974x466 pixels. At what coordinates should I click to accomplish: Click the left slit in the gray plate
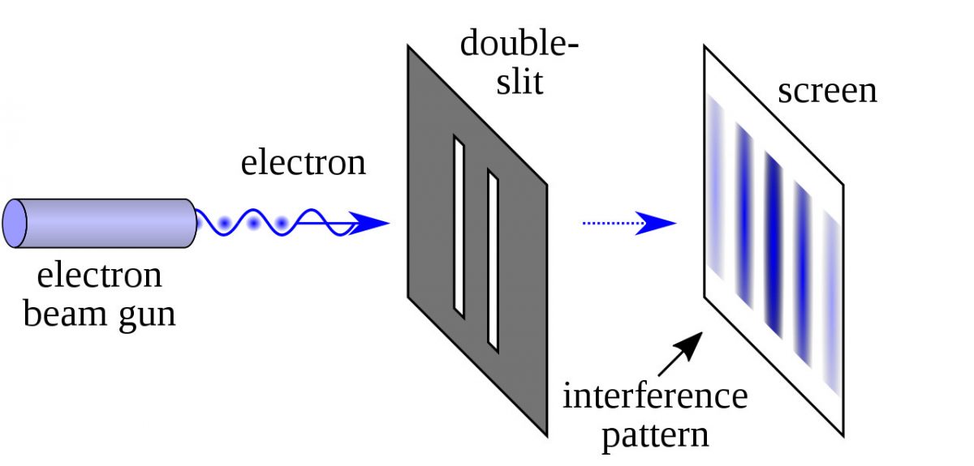tap(459, 228)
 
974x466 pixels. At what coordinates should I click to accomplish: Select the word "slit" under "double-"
tap(519, 81)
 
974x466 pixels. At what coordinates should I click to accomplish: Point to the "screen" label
tap(827, 91)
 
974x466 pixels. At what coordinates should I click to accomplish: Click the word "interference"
tap(655, 397)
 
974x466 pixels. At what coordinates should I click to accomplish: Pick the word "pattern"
tap(656, 435)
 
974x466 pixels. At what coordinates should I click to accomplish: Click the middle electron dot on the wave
tap(254, 222)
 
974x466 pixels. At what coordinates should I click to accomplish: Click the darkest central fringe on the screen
tap(772, 243)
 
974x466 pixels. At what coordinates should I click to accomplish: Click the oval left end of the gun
tap(15, 223)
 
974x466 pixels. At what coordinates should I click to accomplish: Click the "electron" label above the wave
tap(304, 164)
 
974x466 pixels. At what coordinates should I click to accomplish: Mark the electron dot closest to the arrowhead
tap(282, 222)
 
